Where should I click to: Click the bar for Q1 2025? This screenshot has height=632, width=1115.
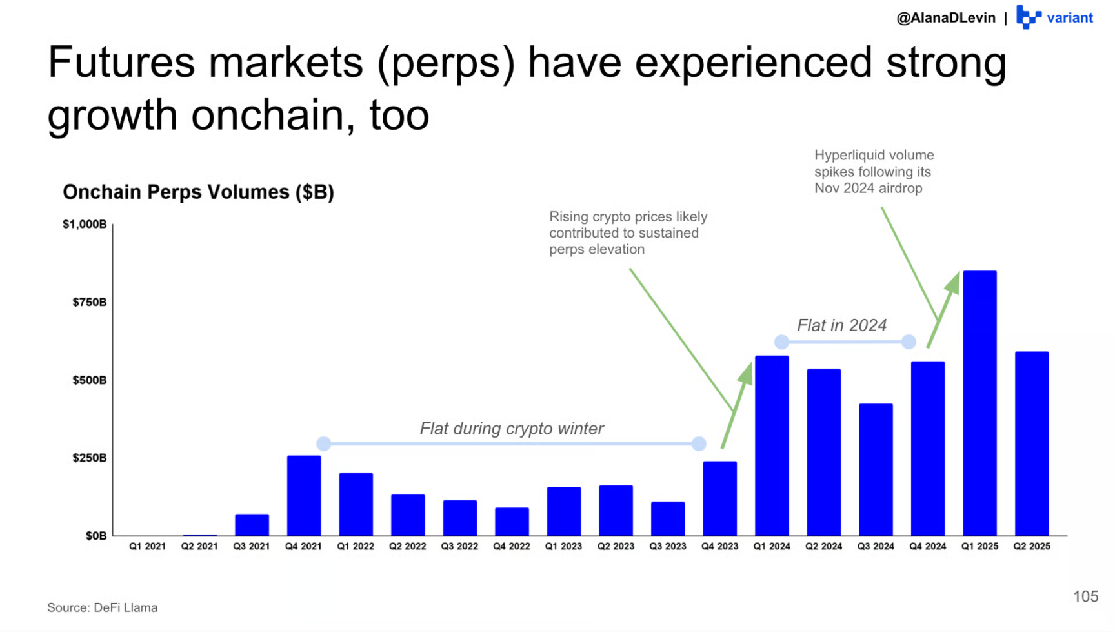[979, 403]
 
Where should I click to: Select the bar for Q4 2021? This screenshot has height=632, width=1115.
[304, 496]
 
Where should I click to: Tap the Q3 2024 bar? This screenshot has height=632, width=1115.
[876, 469]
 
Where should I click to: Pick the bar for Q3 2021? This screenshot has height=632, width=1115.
[252, 525]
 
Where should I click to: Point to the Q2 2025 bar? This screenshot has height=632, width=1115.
[1032, 443]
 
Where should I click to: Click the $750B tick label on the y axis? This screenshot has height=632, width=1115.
[90, 302]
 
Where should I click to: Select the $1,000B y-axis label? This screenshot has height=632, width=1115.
[85, 224]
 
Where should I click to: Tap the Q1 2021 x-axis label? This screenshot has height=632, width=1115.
[147, 546]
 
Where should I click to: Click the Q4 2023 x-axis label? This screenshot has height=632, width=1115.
[719, 546]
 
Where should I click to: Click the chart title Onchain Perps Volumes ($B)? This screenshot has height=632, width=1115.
[198, 192]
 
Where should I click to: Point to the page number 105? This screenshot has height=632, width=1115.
[1085, 596]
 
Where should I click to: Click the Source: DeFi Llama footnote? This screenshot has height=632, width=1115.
[102, 607]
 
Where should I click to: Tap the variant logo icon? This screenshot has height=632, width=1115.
[1029, 17]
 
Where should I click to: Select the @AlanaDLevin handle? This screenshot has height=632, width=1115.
[946, 18]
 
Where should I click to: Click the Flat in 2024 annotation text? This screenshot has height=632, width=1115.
[841, 325]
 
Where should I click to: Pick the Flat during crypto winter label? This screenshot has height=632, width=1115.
[512, 429]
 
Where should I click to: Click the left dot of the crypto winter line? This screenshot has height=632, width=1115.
[324, 443]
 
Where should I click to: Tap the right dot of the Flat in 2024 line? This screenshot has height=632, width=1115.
[909, 341]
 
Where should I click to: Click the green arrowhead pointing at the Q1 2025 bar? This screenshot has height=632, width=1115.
[952, 283]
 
